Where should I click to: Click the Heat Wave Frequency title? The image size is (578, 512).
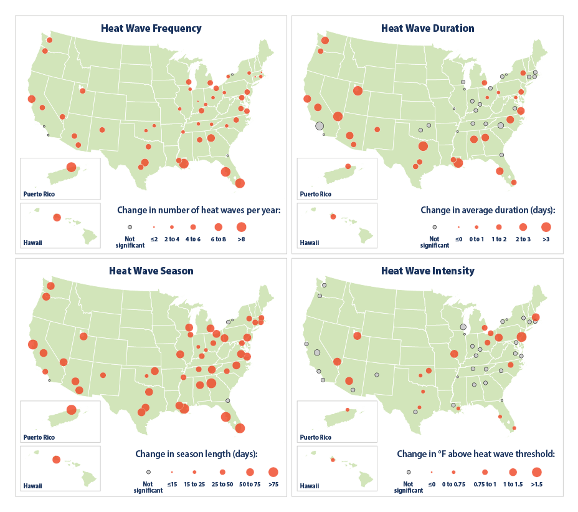pos(151,29)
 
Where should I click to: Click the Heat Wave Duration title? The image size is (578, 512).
pos(427,29)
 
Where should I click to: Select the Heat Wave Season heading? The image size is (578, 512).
pos(151,271)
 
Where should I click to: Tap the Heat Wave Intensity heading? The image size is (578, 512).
pos(427,271)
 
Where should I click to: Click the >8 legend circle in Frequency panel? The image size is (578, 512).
pos(241,227)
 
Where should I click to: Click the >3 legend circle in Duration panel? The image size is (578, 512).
pos(546,227)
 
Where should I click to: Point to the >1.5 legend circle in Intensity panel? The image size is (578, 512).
pos(537,472)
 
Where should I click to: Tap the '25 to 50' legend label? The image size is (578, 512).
pos(222,484)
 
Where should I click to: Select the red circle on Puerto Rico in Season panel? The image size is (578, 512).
pos(71,410)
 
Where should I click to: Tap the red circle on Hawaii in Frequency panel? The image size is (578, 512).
pos(57,217)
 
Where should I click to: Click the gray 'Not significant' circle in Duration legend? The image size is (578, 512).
pos(435,228)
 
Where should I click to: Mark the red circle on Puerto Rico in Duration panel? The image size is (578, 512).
pos(348,167)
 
